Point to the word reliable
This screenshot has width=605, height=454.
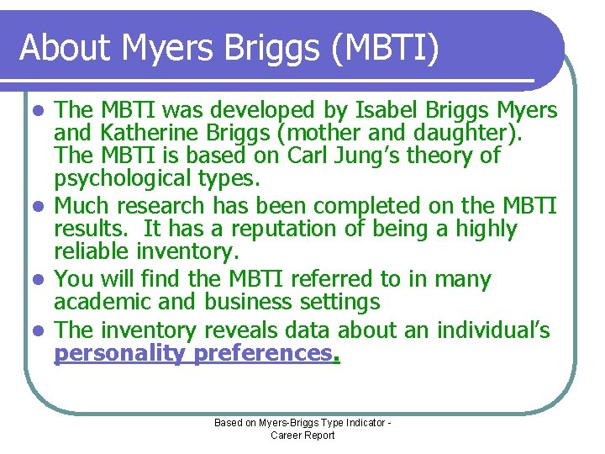tap(92, 251)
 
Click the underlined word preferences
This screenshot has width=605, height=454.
tap(262, 353)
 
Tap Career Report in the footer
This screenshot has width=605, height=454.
tap(302, 436)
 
